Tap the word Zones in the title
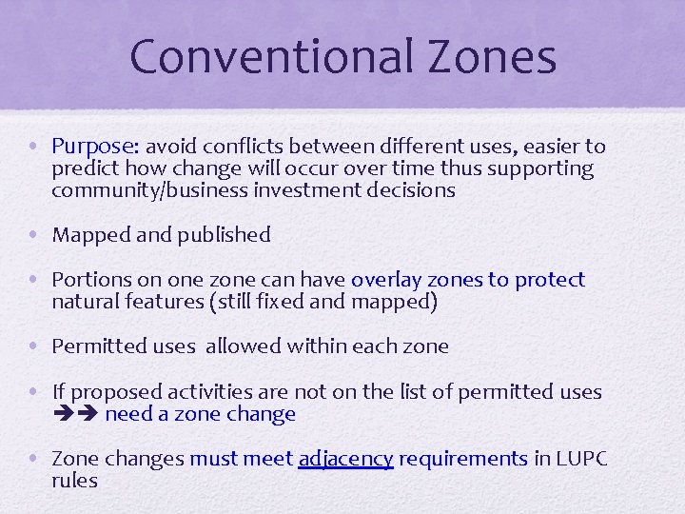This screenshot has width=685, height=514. [495, 56]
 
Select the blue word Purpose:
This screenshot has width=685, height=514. [96, 147]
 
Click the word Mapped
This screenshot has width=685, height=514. [90, 234]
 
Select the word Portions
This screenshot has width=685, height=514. [92, 280]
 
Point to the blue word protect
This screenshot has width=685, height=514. [550, 280]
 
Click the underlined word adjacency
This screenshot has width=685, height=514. [345, 459]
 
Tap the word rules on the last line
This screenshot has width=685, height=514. [74, 481]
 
